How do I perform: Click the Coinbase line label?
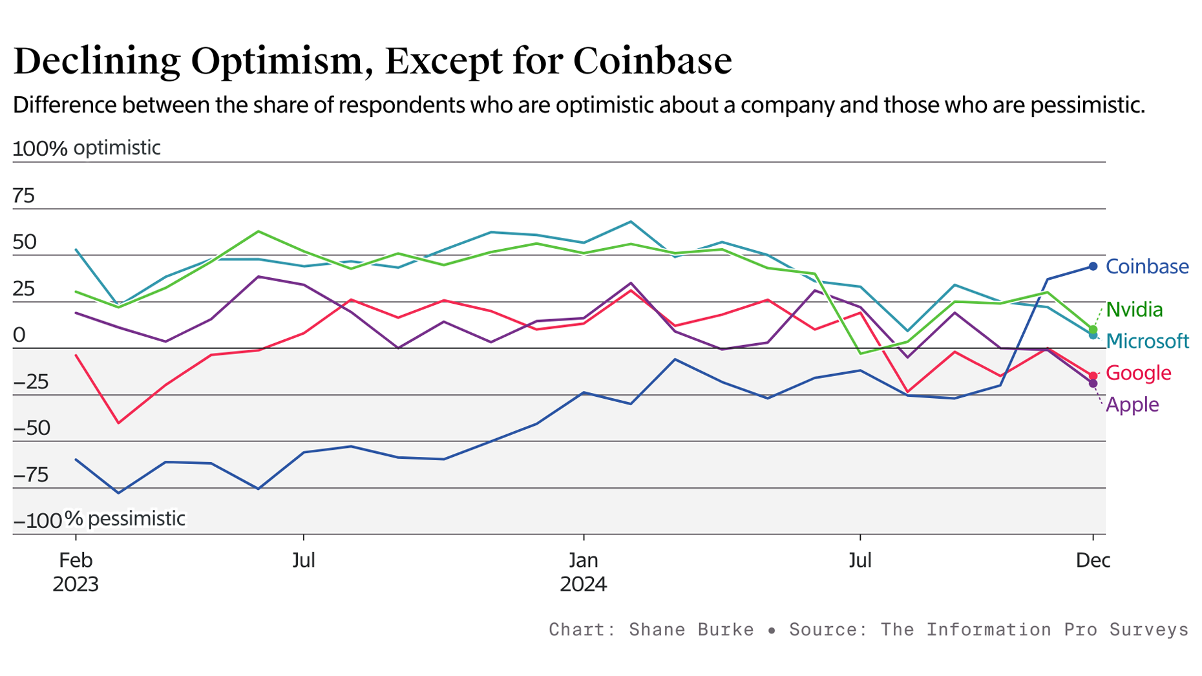[x=1146, y=267]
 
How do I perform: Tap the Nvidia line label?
[x=1134, y=310]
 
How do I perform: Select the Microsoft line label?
[x=1147, y=341]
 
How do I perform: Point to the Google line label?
[x=1138, y=373]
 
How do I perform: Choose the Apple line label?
[x=1132, y=405]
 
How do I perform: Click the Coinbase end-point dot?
[x=1093, y=266]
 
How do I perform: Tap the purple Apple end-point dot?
[x=1093, y=384]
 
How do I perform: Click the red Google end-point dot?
[x=1093, y=375]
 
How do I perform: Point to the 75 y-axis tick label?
[x=23, y=196]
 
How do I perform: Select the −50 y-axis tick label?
[x=32, y=428]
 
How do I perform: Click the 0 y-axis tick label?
[x=19, y=335]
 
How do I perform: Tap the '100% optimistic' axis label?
[x=87, y=148]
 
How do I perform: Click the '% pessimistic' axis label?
[x=125, y=519]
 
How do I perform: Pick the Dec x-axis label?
[x=1092, y=560]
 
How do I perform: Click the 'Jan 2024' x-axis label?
[x=583, y=572]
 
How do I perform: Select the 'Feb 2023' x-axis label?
[x=76, y=572]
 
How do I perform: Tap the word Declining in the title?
[x=96, y=61]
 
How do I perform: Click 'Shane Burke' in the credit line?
[x=691, y=629]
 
